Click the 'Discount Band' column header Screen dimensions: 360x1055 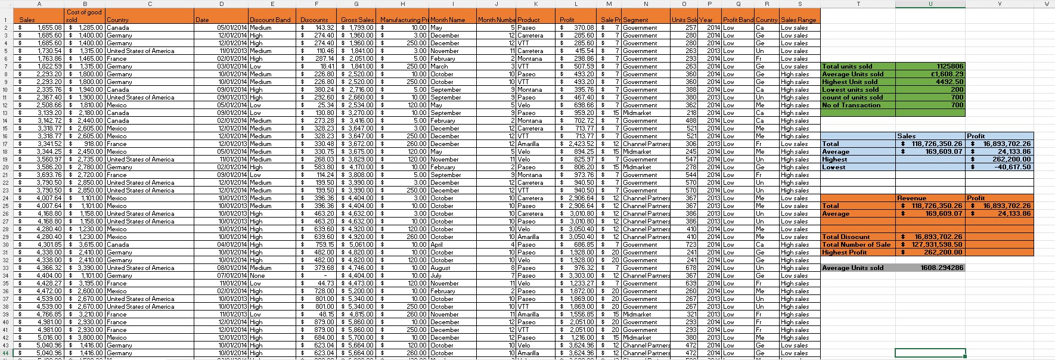pos(270,20)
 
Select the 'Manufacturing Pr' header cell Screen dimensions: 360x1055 pos(404,20)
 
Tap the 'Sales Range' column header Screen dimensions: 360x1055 pos(799,20)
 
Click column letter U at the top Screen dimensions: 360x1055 pos(930,4)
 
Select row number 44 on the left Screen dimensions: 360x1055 pos(6,353)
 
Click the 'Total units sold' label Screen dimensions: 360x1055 pos(847,67)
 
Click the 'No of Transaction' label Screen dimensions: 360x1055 pos(851,105)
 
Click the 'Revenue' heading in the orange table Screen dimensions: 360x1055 pos(911,198)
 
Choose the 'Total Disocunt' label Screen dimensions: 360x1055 pos(846,237)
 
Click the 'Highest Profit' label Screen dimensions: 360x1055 pos(844,252)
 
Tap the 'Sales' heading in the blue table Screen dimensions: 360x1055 pos(906,136)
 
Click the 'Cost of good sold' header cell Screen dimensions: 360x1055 pos(84,16)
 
